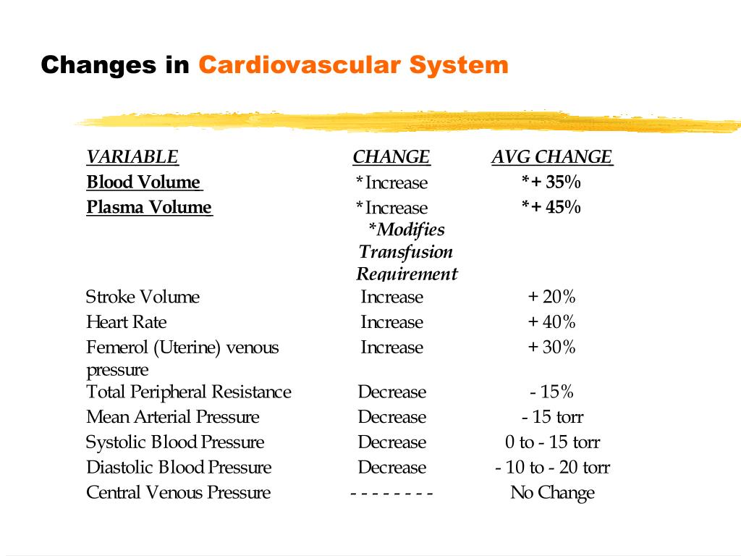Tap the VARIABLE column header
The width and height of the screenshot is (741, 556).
point(132,157)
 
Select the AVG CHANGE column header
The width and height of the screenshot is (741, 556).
point(552,157)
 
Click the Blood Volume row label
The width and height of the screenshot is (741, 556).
point(143,182)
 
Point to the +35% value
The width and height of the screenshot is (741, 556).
point(551,181)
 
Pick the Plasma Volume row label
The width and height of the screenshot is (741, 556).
point(149,208)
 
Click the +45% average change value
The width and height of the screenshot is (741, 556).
point(551,207)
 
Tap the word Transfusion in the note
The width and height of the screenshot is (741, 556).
point(406,252)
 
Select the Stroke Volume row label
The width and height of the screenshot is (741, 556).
point(143,297)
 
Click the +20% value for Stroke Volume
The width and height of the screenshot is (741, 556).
point(551,297)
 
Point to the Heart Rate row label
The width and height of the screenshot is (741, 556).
point(127,322)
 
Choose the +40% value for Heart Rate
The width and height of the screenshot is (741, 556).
point(551,322)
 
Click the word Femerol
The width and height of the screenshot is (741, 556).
point(117,347)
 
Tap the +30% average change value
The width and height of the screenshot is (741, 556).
point(551,347)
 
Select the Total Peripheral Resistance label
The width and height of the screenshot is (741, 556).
point(189,392)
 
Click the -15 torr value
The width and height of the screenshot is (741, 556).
point(552,417)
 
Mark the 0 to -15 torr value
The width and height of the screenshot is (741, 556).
point(552,442)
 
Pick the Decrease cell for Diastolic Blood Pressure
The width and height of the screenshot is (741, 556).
point(392,468)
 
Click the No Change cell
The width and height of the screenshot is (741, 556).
point(552,493)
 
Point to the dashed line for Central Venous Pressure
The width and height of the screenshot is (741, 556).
point(391,494)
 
